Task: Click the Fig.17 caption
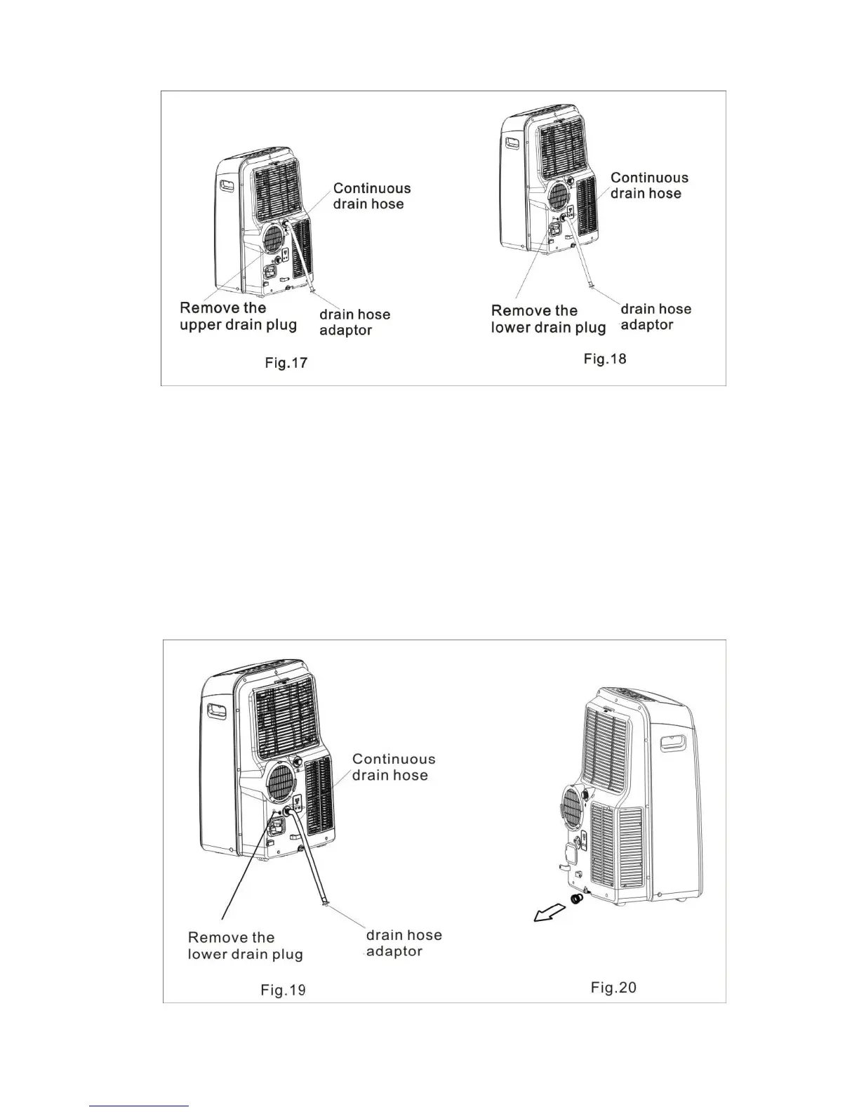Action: click(x=286, y=363)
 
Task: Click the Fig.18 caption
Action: click(x=605, y=359)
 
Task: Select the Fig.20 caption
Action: click(x=613, y=987)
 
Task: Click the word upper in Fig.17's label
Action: click(x=201, y=325)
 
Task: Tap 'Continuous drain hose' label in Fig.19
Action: click(x=393, y=767)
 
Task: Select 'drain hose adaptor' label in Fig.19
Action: click(x=404, y=943)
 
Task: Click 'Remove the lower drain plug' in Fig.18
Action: click(x=547, y=319)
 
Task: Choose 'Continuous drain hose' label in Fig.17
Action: click(x=371, y=196)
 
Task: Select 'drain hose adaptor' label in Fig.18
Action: click(x=655, y=317)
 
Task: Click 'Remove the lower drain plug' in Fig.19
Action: click(x=245, y=946)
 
